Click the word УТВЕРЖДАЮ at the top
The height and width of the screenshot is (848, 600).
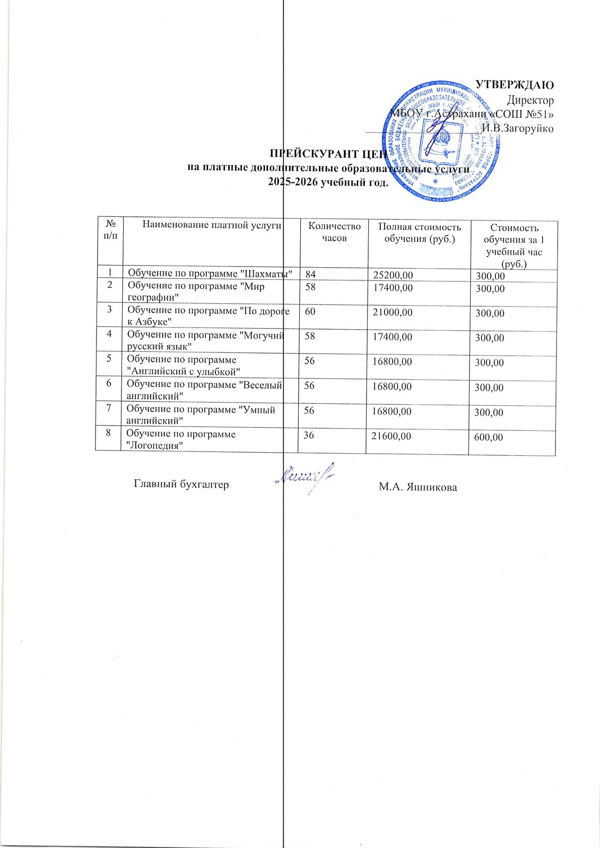coord(514,85)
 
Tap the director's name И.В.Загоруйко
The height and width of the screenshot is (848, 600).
coord(518,128)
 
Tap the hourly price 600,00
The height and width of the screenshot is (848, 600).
coord(489,437)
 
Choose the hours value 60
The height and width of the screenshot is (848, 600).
coord(310,312)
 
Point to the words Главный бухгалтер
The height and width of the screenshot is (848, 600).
coord(181,484)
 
